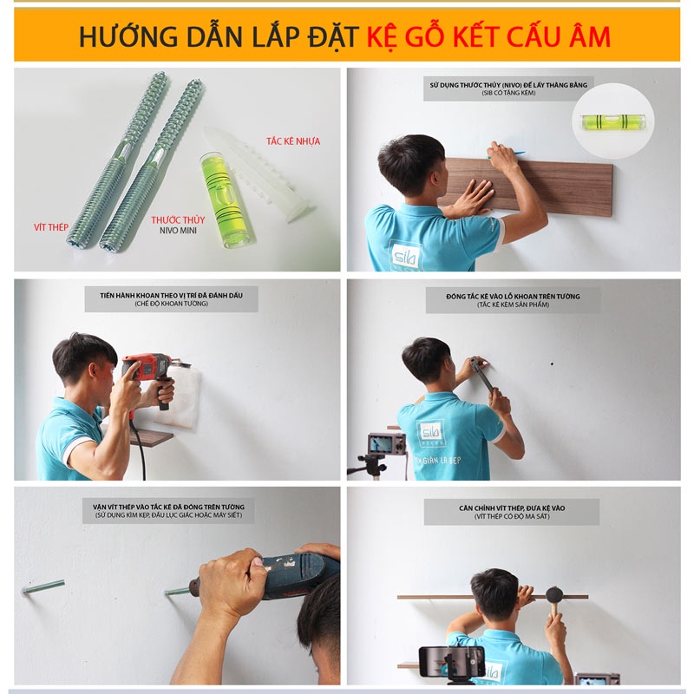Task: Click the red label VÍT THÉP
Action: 47,227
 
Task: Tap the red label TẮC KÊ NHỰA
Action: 292,141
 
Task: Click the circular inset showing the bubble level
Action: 613,119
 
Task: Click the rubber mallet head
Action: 553,595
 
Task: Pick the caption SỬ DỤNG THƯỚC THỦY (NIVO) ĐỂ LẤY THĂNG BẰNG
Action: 508,85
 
